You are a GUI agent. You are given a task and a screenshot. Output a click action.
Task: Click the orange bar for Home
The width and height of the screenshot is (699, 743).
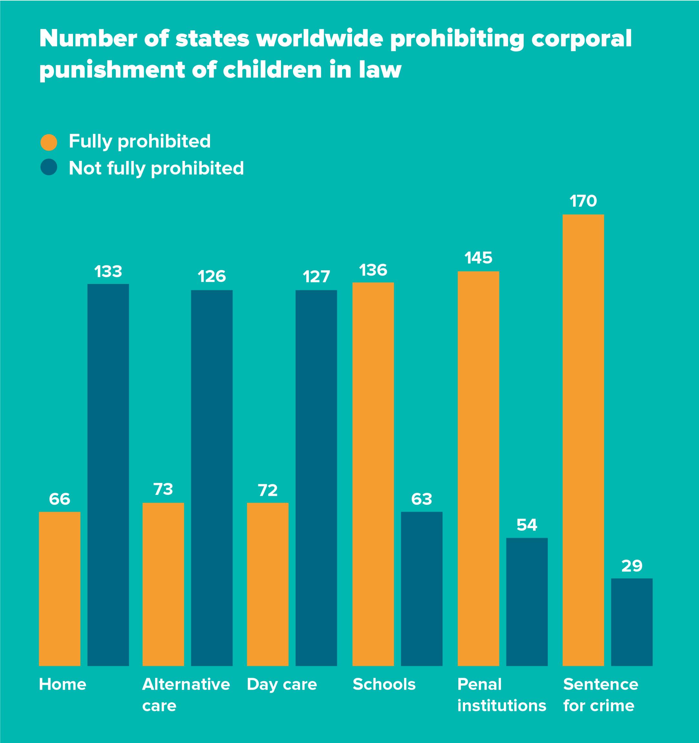[59, 589]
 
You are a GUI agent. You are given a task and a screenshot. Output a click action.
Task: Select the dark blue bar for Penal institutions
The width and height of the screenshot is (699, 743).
[527, 602]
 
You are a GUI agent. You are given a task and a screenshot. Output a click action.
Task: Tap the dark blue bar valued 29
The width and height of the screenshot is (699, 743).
[631, 622]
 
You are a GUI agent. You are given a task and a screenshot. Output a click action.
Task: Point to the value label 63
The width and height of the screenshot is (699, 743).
[421, 499]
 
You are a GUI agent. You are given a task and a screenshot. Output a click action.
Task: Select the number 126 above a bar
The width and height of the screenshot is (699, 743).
[212, 277]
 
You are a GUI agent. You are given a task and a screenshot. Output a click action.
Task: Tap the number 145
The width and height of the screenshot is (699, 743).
[478, 258]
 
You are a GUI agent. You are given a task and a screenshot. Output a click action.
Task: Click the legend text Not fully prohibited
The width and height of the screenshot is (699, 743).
[156, 168]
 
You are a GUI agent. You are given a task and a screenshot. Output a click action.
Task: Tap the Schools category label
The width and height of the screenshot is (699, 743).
[384, 684]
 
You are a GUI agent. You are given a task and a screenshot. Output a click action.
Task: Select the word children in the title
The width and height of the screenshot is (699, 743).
[272, 70]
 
